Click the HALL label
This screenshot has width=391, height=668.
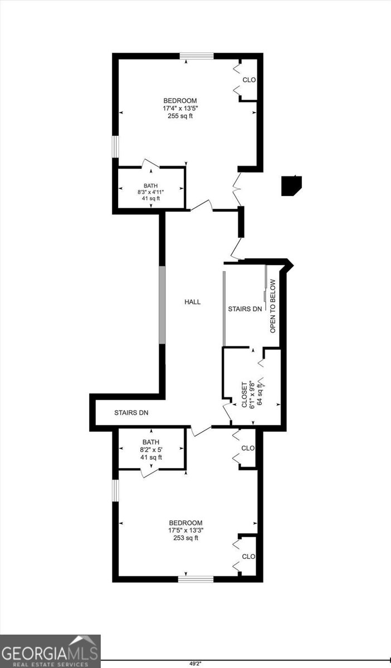(193, 302)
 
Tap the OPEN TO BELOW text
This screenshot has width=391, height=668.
(273, 306)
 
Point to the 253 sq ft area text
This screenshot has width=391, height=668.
(185, 538)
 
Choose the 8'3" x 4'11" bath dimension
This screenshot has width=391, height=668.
(151, 192)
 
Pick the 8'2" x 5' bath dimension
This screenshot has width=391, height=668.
(151, 450)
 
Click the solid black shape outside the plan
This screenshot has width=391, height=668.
(291, 186)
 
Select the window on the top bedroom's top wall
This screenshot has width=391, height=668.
(197, 56)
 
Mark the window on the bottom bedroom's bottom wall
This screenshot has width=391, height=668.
(196, 579)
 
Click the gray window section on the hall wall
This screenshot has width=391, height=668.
(162, 305)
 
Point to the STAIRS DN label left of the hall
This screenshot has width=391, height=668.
(131, 412)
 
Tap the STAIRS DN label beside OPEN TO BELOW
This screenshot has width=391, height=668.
(245, 309)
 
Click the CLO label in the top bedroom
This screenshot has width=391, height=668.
(249, 80)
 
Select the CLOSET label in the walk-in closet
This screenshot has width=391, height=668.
(244, 395)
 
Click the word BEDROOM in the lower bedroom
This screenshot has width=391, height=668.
(185, 523)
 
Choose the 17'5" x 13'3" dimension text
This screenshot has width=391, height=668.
(186, 530)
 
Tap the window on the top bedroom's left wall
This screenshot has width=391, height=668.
(115, 147)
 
